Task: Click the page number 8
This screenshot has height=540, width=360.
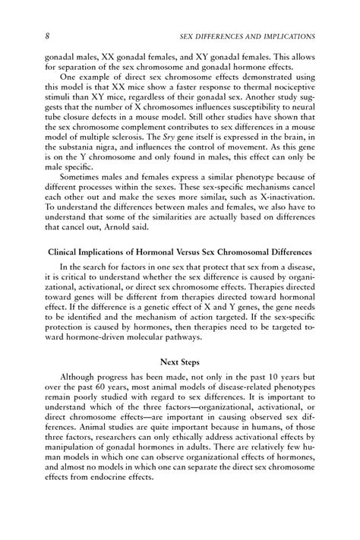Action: [x=27, y=36]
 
